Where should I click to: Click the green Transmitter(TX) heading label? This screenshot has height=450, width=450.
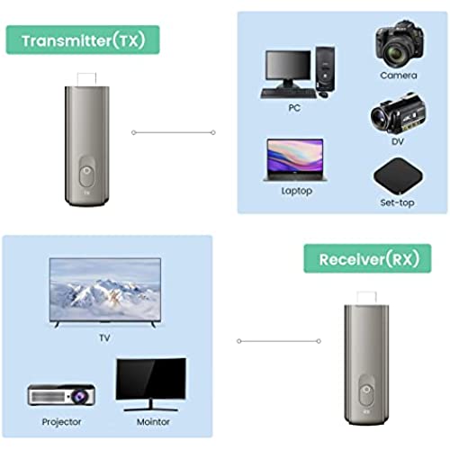[x=83, y=40]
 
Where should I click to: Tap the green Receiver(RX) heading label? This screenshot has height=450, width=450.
[x=367, y=258]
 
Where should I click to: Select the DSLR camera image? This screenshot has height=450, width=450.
[x=400, y=44]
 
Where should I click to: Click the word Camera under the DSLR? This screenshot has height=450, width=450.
[x=399, y=76]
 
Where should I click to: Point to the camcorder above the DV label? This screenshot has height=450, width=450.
[x=398, y=113]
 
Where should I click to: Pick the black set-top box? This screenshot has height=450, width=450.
[x=398, y=175]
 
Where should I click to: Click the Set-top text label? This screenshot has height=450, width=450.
[x=398, y=202]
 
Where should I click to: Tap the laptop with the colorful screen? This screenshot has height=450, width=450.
[x=295, y=159]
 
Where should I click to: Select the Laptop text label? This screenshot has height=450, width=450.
[x=297, y=191]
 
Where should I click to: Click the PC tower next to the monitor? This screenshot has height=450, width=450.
[x=325, y=69]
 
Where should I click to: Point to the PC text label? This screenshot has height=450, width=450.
[x=294, y=108]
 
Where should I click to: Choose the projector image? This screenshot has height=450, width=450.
[x=61, y=394]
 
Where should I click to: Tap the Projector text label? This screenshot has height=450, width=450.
[x=61, y=422]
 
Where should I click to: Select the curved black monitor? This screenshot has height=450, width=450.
[x=151, y=384]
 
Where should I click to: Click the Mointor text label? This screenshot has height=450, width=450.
[x=153, y=422]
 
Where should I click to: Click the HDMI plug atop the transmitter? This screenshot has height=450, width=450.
[x=86, y=79]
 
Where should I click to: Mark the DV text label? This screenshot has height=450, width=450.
[x=398, y=141]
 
